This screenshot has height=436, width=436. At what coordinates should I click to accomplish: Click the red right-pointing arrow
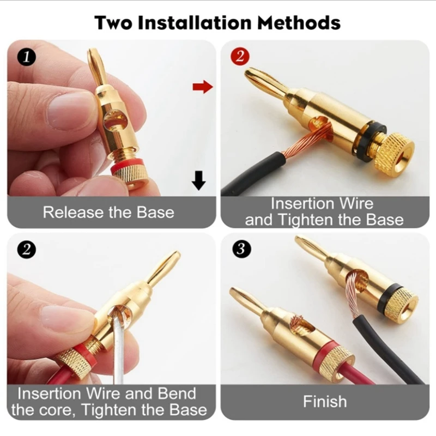[202, 87]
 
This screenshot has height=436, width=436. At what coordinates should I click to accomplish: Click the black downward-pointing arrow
[199, 180]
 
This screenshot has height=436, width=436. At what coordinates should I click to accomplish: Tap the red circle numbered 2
[239, 56]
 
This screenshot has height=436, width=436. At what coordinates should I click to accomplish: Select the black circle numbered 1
[27, 56]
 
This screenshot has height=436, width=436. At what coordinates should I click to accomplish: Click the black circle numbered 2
[27, 250]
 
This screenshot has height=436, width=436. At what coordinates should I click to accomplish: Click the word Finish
[325, 402]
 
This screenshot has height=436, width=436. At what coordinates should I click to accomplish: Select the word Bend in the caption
[178, 393]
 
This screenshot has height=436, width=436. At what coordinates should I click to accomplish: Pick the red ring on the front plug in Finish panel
[327, 352]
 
